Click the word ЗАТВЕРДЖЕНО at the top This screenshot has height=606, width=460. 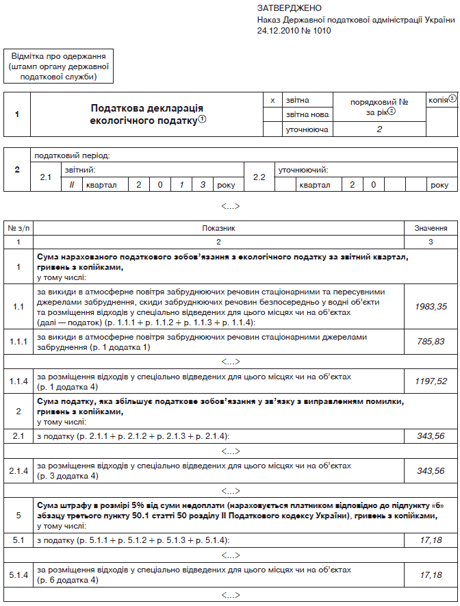click(x=289, y=8)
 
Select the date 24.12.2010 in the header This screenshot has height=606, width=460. click(x=279, y=31)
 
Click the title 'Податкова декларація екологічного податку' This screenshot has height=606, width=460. click(x=147, y=114)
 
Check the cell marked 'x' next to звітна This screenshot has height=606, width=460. click(x=273, y=100)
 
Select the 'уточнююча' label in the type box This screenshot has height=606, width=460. click(x=307, y=129)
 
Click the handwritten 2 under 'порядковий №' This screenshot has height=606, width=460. click(x=379, y=129)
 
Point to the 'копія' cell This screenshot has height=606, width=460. click(x=442, y=99)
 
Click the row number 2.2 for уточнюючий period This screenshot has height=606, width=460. click(x=259, y=177)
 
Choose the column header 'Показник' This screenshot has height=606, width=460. click(x=219, y=228)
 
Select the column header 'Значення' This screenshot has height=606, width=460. click(x=431, y=228)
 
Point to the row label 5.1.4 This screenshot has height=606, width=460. click(x=18, y=575)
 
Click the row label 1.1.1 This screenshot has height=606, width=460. click(x=18, y=342)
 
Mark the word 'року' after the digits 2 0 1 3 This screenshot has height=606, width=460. click(x=225, y=185)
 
